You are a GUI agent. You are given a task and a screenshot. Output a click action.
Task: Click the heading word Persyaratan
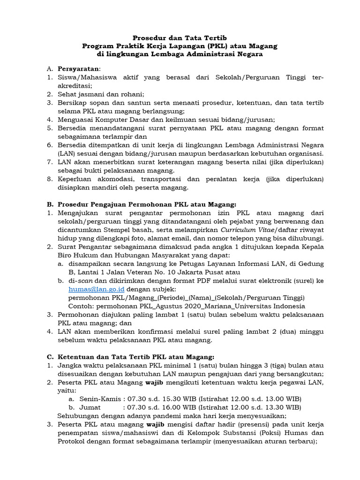point(78,69)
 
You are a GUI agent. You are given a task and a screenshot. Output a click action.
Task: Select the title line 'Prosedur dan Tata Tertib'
point(180,37)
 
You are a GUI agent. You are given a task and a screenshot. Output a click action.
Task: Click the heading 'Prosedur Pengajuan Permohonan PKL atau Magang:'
point(147,204)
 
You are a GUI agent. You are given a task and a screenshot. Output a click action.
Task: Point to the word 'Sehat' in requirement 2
point(67,94)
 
